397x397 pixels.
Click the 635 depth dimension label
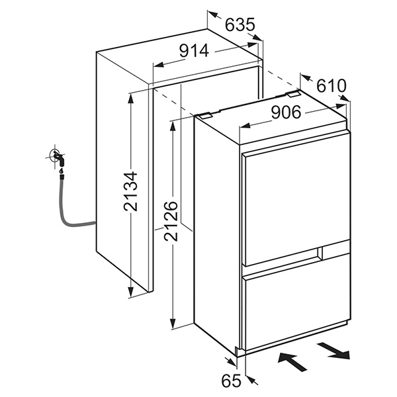pyautogui.click(x=240, y=25)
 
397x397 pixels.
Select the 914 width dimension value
pyautogui.click(x=194, y=50)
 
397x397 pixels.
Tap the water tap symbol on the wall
pyautogui.click(x=58, y=158)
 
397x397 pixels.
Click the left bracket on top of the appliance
pyautogui.click(x=205, y=114)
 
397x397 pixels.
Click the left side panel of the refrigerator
pyautogui.click(x=215, y=232)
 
